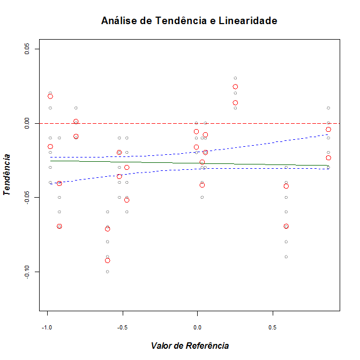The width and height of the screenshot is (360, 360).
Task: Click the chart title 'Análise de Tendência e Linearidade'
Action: point(189,21)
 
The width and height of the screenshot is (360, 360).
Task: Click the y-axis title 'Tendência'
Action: point(7,175)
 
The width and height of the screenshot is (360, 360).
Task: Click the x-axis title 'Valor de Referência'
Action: point(190,346)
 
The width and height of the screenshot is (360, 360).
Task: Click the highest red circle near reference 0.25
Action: point(235,87)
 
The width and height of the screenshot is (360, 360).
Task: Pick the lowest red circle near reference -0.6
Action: point(108,260)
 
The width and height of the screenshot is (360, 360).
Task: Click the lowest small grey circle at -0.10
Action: point(108,272)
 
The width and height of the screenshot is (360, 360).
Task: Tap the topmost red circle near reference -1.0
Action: point(50,96)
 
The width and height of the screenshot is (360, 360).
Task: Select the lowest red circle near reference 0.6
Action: point(286,226)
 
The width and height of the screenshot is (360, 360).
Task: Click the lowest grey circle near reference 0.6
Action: point(286,257)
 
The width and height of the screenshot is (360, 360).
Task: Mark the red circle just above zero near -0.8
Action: point(76,122)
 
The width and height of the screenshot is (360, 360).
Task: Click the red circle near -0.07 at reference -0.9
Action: point(59,226)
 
